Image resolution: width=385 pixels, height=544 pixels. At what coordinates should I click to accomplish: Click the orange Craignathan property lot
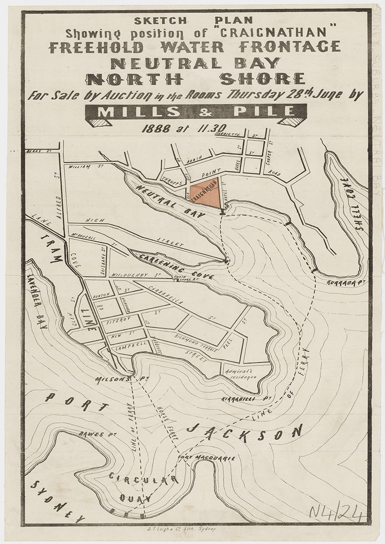click(x=207, y=192)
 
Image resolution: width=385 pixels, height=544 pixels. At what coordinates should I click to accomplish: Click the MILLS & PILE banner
click(x=195, y=112)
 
